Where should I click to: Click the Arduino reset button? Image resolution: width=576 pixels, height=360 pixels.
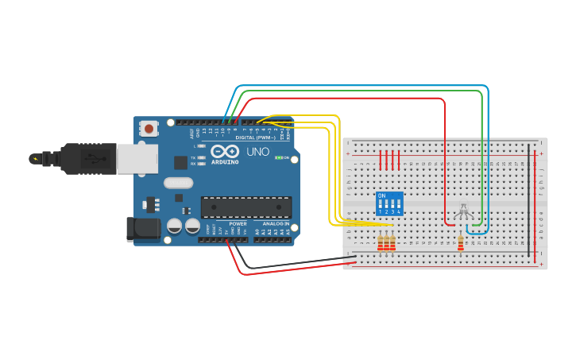coord(149,128)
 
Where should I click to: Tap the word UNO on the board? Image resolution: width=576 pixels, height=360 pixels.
coord(257,152)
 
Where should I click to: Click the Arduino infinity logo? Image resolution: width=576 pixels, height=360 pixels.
coord(225,151)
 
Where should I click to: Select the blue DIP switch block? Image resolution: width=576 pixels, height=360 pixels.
coord(389,203)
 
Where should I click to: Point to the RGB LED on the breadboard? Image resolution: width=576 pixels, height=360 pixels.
coord(464,212)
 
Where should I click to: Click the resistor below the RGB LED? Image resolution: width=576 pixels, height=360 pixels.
coord(461,243)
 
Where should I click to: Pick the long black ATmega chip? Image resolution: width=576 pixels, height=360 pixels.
coord(245,207)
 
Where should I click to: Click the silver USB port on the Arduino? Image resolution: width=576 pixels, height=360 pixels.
coord(137,158)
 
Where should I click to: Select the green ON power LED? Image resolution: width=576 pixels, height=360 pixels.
coord(278,157)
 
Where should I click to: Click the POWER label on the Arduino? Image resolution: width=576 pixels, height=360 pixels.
coord(238,224)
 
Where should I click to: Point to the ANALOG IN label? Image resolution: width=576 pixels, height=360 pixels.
coord(276,224)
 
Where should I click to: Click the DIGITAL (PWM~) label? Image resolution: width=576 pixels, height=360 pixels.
coord(256,137)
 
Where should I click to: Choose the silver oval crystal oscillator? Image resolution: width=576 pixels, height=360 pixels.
coord(179,183)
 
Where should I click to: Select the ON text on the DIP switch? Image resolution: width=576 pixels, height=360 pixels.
coord(381,195)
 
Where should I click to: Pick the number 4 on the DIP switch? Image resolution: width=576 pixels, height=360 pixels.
coord(398,212)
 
